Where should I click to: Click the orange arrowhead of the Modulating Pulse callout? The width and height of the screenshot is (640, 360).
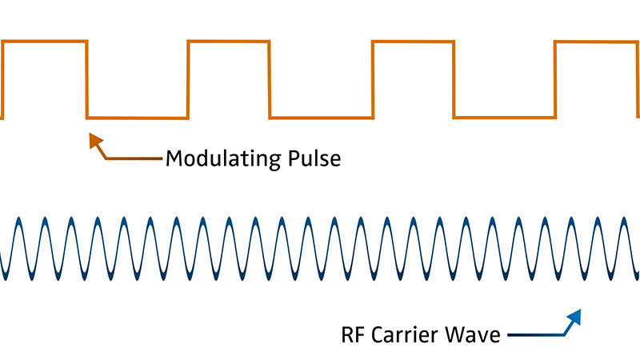(x=94, y=141)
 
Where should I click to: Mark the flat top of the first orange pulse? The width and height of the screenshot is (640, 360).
(x=45, y=42)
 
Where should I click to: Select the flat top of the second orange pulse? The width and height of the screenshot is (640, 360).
(x=229, y=42)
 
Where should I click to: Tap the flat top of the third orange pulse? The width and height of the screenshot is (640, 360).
(x=413, y=42)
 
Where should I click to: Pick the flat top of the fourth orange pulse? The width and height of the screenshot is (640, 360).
(x=596, y=42)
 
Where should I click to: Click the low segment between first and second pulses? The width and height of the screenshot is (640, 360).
(x=137, y=118)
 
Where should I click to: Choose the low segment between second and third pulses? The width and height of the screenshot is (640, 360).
(x=321, y=118)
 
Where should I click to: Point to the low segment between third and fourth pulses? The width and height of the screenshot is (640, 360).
(x=504, y=118)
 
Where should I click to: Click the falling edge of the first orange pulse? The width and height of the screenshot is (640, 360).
(x=86, y=80)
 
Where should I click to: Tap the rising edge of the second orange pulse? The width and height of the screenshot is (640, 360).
(x=187, y=80)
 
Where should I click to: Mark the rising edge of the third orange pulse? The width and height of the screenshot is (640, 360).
(x=372, y=80)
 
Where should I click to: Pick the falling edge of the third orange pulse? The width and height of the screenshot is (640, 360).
(x=454, y=80)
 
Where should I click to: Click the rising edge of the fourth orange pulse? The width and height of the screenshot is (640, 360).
(x=554, y=80)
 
